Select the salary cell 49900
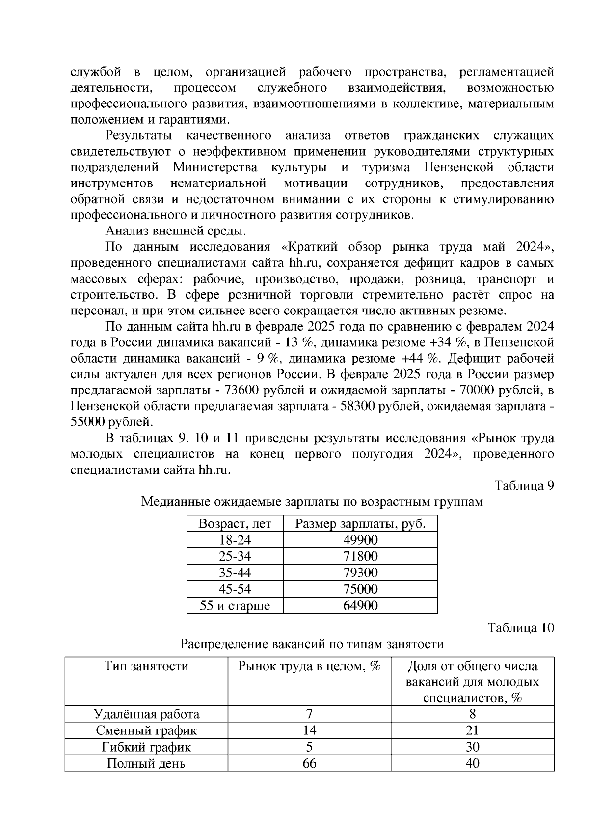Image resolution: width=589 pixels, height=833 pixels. point(360,540)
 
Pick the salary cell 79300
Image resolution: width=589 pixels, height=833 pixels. point(360,573)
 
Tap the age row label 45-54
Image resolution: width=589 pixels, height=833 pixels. point(235,589)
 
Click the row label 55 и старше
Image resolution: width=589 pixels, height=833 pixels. point(235,605)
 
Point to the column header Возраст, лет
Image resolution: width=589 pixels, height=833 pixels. point(235,523)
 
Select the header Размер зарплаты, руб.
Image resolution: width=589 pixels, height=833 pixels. point(360,523)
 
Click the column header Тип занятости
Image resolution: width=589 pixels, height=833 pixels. point(146,666)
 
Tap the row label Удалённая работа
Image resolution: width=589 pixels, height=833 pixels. point(146,714)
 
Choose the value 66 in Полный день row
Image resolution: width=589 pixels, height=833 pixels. point(309,763)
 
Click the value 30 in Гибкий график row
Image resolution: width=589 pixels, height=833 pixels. point(472,747)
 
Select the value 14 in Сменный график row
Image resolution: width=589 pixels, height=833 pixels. point(309,730)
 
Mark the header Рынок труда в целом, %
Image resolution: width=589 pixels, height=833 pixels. point(309,666)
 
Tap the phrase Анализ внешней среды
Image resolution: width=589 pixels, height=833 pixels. point(176,231)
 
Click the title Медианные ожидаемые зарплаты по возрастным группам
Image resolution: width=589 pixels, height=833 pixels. point(312,502)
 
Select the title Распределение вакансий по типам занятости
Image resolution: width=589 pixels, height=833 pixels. point(312,644)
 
